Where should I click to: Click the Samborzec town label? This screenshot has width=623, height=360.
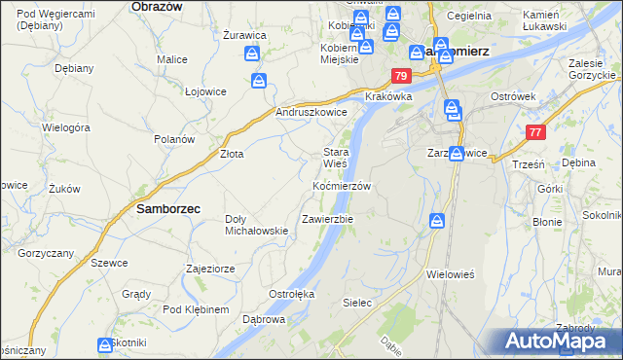pos(155,208)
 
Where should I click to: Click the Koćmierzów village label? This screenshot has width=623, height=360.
pos(342,186)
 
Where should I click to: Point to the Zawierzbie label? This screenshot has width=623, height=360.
pos(328,219)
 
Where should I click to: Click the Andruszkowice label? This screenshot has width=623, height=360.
pos(312,113)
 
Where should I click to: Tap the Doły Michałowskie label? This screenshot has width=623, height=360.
pos(256,225)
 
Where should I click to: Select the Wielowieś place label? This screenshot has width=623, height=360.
pos(450,274)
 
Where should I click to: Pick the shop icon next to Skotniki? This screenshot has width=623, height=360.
pos(105,344)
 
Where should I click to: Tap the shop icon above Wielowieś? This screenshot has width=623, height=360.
pos(438,222)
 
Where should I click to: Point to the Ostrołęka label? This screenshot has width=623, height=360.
pos(291,293)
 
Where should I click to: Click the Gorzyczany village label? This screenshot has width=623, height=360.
pos(46,252)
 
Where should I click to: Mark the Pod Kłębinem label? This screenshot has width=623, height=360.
pos(196,309)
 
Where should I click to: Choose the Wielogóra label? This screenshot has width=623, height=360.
pos(66,127)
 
